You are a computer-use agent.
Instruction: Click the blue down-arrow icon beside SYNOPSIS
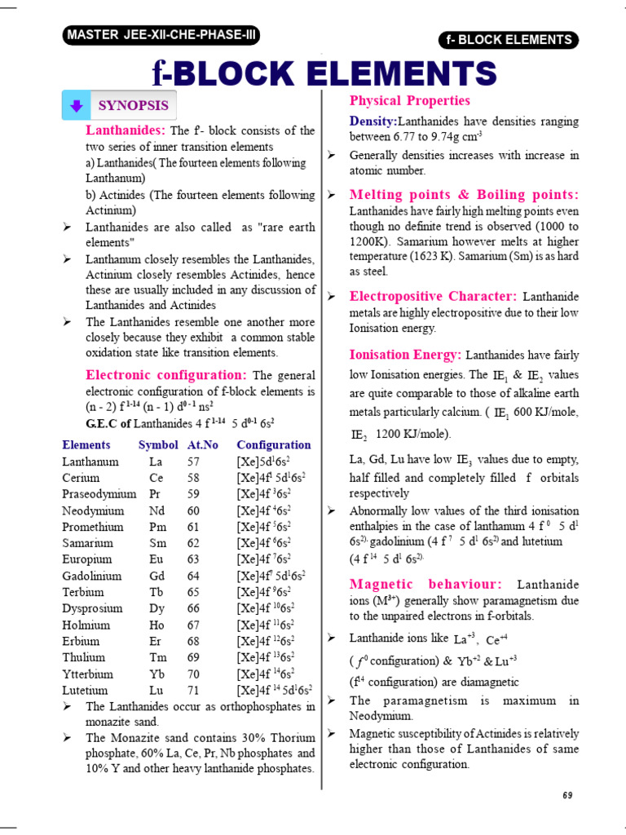(x=76, y=105)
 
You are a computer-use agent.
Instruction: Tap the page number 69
(x=569, y=795)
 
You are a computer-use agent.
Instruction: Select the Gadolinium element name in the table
(x=92, y=576)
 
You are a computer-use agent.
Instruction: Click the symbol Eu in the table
(x=156, y=559)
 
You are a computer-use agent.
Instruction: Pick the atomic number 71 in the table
(x=193, y=690)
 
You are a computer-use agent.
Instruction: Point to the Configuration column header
(x=273, y=445)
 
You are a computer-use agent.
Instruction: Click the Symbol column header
(x=158, y=445)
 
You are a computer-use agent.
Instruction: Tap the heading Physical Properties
(x=409, y=100)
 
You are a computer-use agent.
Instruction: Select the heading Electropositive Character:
(x=433, y=297)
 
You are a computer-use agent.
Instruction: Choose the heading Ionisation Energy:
(x=405, y=355)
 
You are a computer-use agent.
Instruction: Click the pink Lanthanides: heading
(x=126, y=130)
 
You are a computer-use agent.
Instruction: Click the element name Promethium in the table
(x=93, y=527)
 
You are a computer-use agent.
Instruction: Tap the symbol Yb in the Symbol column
(x=156, y=674)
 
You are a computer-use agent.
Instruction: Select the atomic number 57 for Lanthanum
(x=193, y=462)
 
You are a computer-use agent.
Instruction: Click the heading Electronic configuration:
(x=166, y=375)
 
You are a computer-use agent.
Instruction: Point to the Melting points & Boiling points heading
(x=464, y=195)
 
